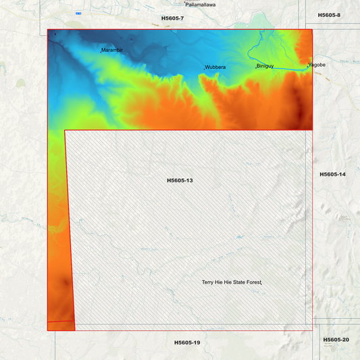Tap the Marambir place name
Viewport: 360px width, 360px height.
pyautogui.click(x=113, y=50)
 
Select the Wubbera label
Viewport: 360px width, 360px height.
pyautogui.click(x=215, y=68)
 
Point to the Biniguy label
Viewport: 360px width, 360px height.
pyautogui.click(x=265, y=66)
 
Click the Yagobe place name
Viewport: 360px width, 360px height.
pyautogui.click(x=317, y=65)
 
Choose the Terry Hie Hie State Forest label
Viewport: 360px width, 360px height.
pyautogui.click(x=231, y=282)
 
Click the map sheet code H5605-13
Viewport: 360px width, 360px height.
pyautogui.click(x=180, y=180)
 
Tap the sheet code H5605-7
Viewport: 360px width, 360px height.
pyautogui.click(x=172, y=18)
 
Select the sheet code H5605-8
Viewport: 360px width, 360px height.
pyautogui.click(x=329, y=15)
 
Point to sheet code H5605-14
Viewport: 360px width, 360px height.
pyautogui.click(x=332, y=174)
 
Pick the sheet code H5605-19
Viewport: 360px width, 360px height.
pyautogui.click(x=187, y=342)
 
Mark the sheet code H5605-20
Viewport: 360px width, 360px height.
pyautogui.click(x=336, y=339)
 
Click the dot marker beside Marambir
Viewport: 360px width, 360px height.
pyautogui.click(x=101, y=51)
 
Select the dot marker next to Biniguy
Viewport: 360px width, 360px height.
pyautogui.click(x=255, y=67)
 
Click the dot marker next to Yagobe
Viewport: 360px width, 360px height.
pyautogui.click(x=307, y=66)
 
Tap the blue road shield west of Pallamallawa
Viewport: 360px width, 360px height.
pyautogui.click(x=79, y=13)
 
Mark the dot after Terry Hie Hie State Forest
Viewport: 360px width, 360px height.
pyautogui.click(x=261, y=282)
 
